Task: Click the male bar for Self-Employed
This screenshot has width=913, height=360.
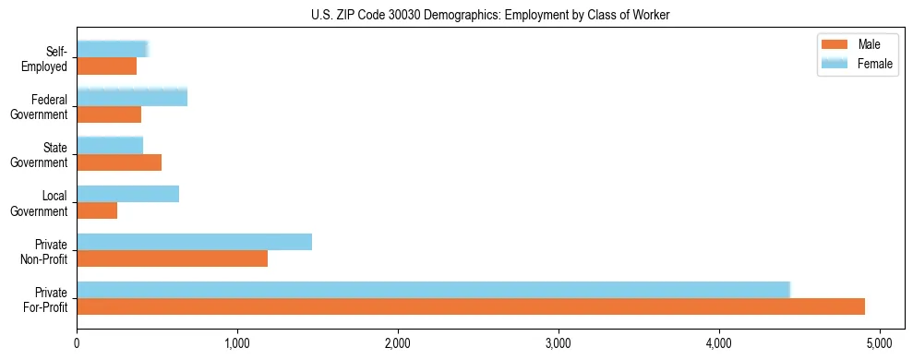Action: coord(106,66)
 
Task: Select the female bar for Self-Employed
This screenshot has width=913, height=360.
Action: coord(112,49)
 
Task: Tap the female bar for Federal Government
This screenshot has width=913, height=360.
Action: coord(132,97)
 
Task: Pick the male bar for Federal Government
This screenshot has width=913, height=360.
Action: coord(109,114)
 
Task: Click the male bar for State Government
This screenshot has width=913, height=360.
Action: coord(119,162)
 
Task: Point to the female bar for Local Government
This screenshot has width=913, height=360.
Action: coord(127,194)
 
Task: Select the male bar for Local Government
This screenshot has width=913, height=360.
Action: coord(97,211)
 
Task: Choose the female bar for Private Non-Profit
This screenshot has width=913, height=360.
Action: coord(194,242)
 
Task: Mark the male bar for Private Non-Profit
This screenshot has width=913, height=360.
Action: coord(172,259)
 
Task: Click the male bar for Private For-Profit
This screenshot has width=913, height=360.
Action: coord(471,306)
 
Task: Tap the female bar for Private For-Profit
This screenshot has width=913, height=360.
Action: coord(433,290)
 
